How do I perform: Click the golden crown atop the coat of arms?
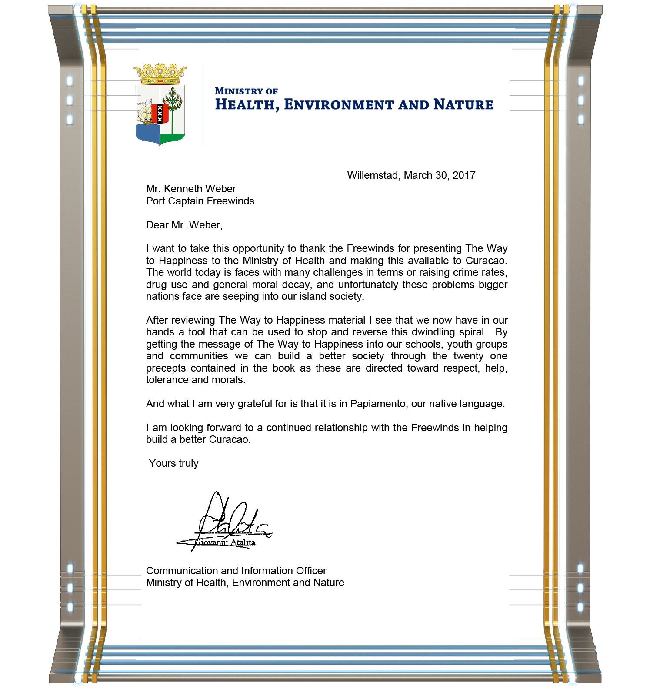pos(160,74)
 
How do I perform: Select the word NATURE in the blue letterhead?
pos(463,105)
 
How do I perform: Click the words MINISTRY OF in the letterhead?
pos(246,91)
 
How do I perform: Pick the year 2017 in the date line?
pos(464,175)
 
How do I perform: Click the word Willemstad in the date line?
pos(373,175)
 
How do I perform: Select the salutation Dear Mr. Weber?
pos(184,225)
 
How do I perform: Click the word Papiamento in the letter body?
pos(378,404)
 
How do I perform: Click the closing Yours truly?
pos(173,463)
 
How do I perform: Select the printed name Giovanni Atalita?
pos(225,542)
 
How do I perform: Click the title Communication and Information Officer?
pos(236,571)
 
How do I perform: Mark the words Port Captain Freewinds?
pos(200,201)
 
